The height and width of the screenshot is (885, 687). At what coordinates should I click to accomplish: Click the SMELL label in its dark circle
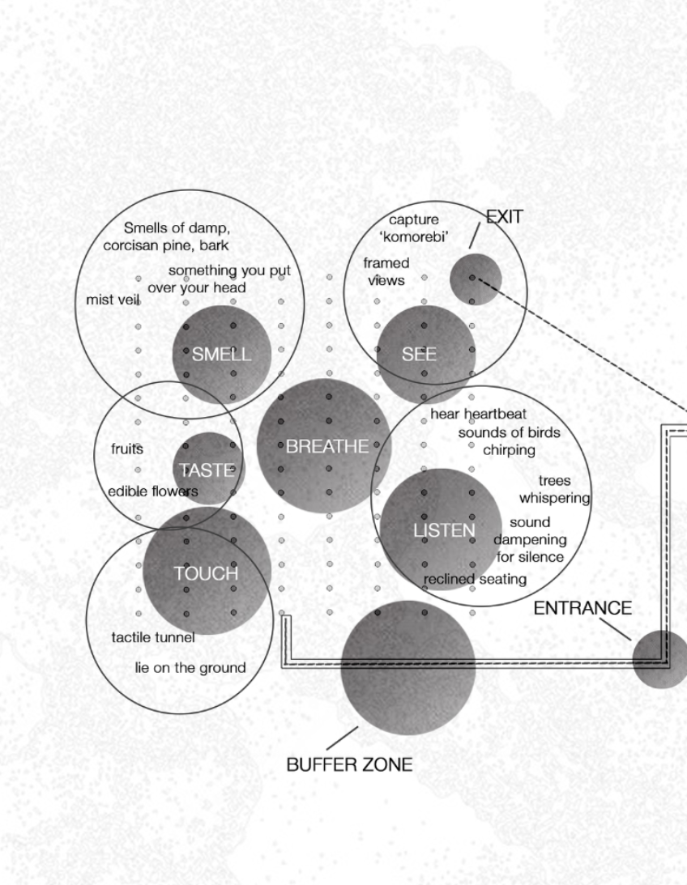point(221,355)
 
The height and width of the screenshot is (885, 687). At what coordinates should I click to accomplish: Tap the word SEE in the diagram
point(419,355)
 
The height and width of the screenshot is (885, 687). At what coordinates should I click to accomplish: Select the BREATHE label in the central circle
point(326,446)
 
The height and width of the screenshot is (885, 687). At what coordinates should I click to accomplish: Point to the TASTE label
point(207,470)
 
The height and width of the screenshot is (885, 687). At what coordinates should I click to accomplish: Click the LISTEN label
point(444,530)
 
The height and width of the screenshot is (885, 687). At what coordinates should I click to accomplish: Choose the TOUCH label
point(206,573)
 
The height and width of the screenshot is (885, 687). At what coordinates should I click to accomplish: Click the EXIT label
point(505,217)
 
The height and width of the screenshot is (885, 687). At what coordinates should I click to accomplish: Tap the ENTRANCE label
point(582,608)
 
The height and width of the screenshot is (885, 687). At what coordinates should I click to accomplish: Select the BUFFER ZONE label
point(349,765)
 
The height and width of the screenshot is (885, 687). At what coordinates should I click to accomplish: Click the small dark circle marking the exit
point(476,279)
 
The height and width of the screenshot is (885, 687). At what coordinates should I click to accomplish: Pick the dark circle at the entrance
point(660,659)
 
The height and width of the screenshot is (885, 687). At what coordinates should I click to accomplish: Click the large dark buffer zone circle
point(408,668)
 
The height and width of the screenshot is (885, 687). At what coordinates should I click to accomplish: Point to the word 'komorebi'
point(414,237)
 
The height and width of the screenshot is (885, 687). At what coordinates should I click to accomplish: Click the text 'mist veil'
point(113,300)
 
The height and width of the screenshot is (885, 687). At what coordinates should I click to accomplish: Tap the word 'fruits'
point(127,449)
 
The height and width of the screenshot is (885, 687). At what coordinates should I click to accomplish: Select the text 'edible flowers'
point(153,491)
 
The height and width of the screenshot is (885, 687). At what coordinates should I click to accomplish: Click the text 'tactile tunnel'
point(153,638)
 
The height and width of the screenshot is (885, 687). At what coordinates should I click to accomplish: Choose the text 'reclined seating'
point(475,580)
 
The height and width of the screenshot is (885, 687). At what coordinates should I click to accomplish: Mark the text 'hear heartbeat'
point(478,415)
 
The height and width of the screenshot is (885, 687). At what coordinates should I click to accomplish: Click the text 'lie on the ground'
point(190,668)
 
